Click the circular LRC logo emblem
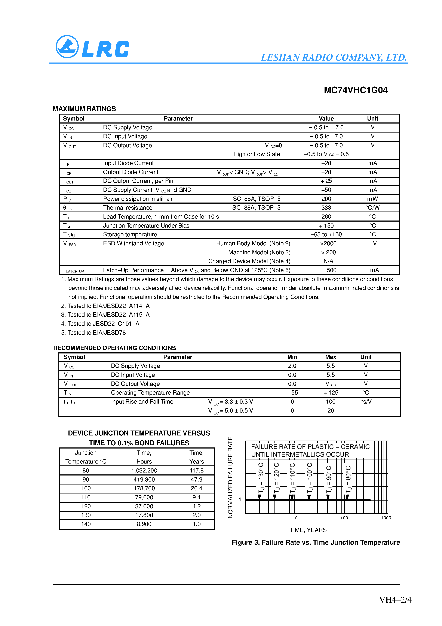point(67,47)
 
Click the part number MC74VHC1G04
point(356,90)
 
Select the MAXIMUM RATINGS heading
point(84,109)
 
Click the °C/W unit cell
point(372,208)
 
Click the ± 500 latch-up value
point(328,270)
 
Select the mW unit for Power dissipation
point(372,199)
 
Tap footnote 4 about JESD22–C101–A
point(100,324)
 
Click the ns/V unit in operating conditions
point(366,402)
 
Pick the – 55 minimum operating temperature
point(292,393)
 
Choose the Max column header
point(330,357)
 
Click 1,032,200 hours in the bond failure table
point(144,471)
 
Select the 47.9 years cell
point(196,480)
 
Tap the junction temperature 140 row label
point(86,524)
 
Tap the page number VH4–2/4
point(395,600)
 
